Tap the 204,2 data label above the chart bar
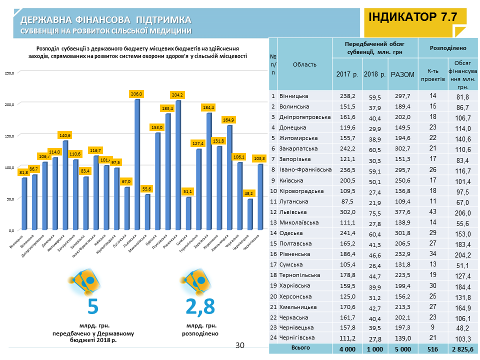177,94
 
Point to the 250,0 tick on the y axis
9,73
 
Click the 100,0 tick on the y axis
9,167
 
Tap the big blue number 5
93,305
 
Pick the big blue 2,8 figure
199,305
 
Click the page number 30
240,345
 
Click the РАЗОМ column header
402,74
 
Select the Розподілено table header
448,48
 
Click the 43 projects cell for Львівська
432,212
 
